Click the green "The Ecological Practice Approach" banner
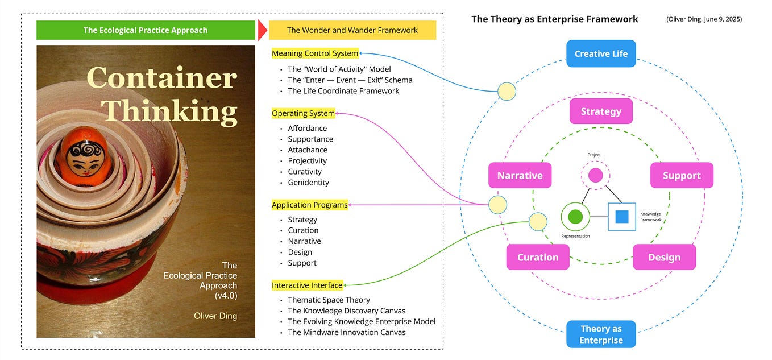pyautogui.click(x=146, y=30)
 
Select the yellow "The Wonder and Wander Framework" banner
pyautogui.click(x=352, y=30)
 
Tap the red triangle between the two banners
pyautogui.click(x=262, y=30)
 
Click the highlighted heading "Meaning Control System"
pyautogui.click(x=315, y=53)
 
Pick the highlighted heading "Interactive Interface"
pyautogui.click(x=307, y=285)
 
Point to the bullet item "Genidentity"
pyautogui.click(x=308, y=183)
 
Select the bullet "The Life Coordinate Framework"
pyautogui.click(x=343, y=91)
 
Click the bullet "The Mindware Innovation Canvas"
pyautogui.click(x=347, y=332)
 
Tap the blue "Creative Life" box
pyautogui.click(x=601, y=53)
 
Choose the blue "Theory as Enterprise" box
pyautogui.click(x=601, y=334)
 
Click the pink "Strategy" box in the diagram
pyautogui.click(x=601, y=111)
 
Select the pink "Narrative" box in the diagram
pyautogui.click(x=520, y=175)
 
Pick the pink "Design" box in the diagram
pyautogui.click(x=664, y=257)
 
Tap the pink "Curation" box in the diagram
pyautogui.click(x=538, y=257)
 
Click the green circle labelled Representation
pyautogui.click(x=575, y=217)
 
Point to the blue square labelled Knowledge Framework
pyautogui.click(x=621, y=217)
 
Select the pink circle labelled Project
pyautogui.click(x=595, y=175)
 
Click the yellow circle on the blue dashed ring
pyautogui.click(x=507, y=91)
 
